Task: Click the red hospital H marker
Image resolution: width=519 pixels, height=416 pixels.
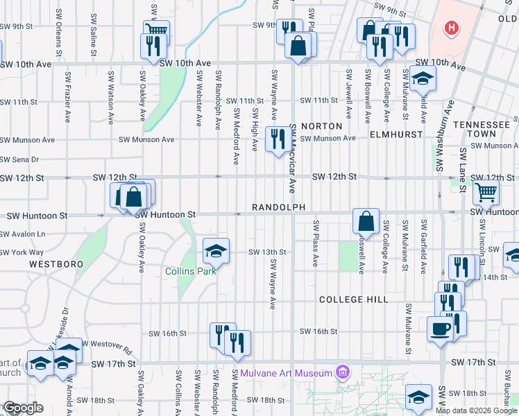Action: tap(452, 28)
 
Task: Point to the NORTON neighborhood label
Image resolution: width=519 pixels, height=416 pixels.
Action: tap(321, 126)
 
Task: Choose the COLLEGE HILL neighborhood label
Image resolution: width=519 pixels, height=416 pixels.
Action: tap(351, 300)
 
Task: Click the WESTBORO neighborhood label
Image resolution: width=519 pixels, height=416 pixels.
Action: tap(56, 264)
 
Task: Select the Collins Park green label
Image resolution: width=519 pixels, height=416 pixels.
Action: tap(191, 271)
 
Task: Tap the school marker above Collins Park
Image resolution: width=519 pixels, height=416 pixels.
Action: tap(216, 251)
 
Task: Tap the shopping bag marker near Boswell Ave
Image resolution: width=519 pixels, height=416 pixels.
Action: tap(366, 221)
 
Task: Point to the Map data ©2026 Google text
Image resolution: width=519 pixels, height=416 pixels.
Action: tap(476, 410)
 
